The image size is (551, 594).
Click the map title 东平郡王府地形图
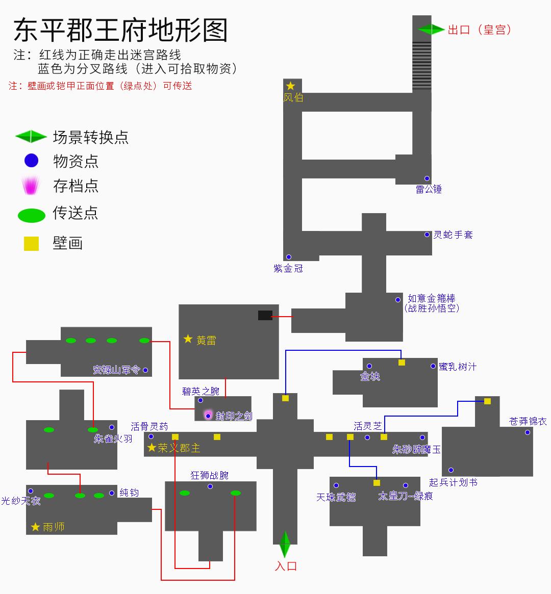tap(120, 30)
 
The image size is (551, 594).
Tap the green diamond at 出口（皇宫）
tap(431, 29)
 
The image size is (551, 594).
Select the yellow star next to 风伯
tap(290, 86)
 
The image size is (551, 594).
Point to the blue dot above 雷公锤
tap(427, 178)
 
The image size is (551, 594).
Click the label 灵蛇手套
tap(453, 235)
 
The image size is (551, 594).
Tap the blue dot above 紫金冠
tap(288, 257)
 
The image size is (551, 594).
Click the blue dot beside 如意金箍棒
tap(398, 300)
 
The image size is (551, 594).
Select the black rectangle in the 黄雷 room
tap(265, 315)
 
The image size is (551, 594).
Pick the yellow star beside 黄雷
tap(188, 339)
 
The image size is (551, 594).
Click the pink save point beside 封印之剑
tap(208, 416)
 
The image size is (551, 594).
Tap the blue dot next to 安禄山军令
tap(145, 370)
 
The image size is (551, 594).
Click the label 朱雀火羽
tap(113, 438)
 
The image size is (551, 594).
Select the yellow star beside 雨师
tap(35, 527)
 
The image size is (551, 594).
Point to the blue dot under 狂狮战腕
tap(210, 486)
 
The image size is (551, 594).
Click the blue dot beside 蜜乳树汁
tap(433, 366)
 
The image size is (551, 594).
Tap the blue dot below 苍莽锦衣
tap(527, 432)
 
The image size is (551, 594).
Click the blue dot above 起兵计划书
tap(451, 470)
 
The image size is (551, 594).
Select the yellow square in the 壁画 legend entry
tap(32, 244)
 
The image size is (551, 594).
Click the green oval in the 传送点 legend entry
tap(32, 215)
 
